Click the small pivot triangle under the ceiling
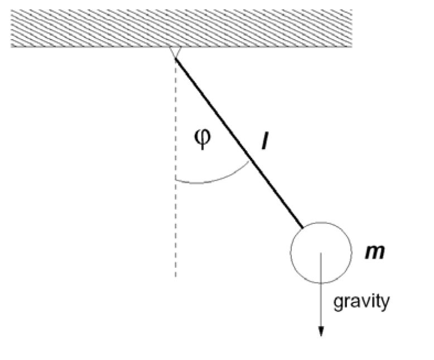tap(175, 51)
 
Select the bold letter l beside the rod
tap(266, 141)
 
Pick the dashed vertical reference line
tap(175, 223)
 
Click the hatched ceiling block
tap(181, 28)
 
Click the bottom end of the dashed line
tap(175, 277)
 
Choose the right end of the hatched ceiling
tap(350, 28)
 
